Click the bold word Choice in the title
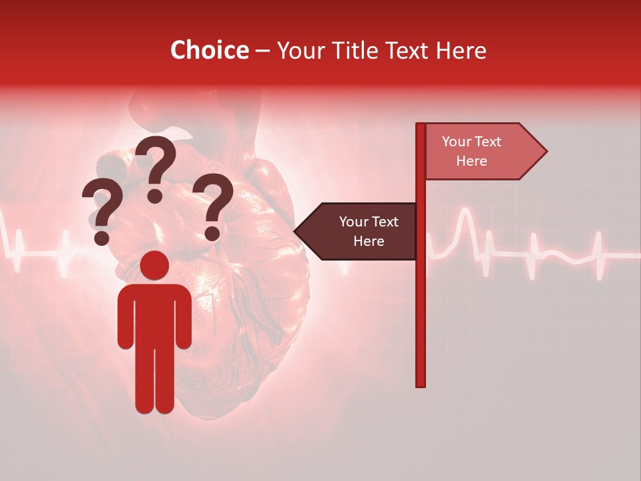(209, 50)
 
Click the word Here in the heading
(461, 50)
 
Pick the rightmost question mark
(213, 204)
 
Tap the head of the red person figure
(154, 266)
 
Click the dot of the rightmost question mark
(212, 234)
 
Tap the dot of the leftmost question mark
(101, 237)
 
